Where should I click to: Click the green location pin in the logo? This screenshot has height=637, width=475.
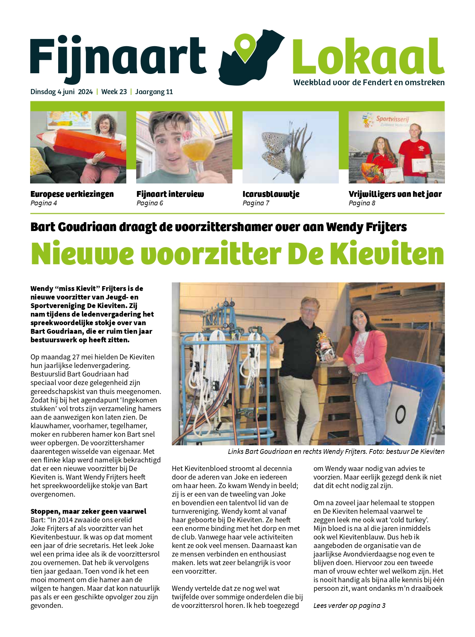(245, 48)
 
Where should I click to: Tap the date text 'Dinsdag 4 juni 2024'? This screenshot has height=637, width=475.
(62, 92)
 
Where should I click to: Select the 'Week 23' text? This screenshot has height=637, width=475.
(114, 92)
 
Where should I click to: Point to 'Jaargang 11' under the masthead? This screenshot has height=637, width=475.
(154, 92)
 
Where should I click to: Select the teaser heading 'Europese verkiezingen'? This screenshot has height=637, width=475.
(72, 194)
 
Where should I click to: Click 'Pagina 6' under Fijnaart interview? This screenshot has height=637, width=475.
(150, 203)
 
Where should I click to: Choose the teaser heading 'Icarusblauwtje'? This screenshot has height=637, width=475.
(271, 194)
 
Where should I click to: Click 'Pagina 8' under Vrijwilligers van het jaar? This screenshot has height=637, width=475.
(362, 203)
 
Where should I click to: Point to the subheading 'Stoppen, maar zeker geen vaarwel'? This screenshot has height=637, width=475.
(88, 511)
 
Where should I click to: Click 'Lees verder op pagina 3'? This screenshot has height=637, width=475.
(349, 606)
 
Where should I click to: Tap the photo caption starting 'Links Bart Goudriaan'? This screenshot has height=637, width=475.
(336, 451)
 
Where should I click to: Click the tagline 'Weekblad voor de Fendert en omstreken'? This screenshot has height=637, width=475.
(369, 82)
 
